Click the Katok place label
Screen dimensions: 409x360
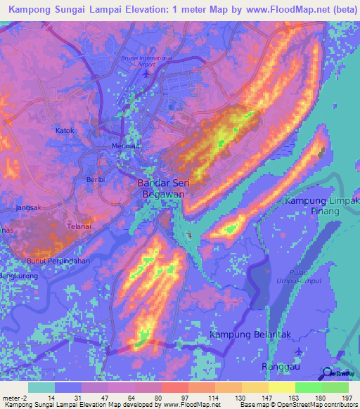point(64,131)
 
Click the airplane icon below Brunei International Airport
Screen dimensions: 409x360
point(146,73)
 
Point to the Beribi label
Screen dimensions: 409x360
point(95,181)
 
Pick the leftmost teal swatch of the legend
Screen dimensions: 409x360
point(41,387)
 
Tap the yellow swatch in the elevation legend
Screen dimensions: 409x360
point(281,387)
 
